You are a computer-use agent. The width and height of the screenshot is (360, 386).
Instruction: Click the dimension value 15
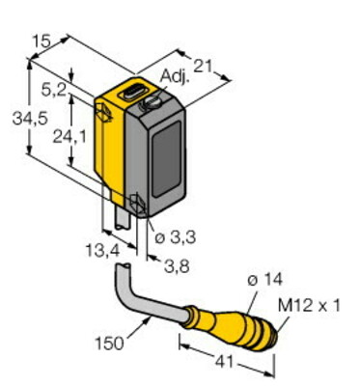pyautogui.click(x=42, y=41)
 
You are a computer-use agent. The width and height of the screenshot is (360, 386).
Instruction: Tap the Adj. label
pyautogui.click(x=174, y=77)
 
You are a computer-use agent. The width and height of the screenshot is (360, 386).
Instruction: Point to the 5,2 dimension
pyautogui.click(x=53, y=92)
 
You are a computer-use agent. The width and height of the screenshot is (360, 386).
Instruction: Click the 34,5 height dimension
pyautogui.click(x=30, y=119)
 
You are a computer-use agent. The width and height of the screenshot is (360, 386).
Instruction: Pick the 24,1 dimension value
pyautogui.click(x=69, y=137)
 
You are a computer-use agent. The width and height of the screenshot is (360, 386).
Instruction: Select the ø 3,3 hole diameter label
pyautogui.click(x=175, y=238)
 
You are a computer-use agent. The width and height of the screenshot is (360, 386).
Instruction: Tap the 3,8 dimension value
pyautogui.click(x=177, y=266)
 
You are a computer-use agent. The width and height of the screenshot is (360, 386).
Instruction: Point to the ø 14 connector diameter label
pyautogui.click(x=264, y=280)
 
